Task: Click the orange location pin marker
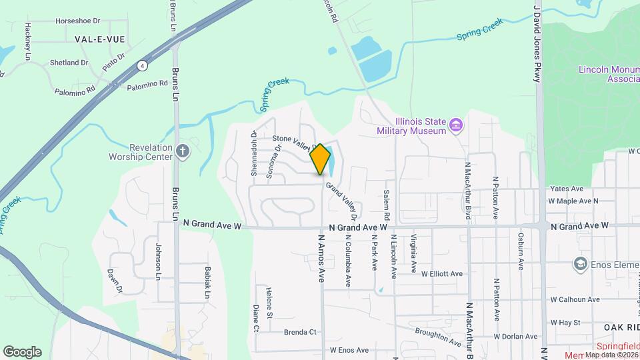[321, 159]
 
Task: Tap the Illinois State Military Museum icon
[456, 125]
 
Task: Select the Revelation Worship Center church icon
[184, 151]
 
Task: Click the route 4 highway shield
[142, 65]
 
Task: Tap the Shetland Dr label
[69, 63]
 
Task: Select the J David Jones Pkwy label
[536, 44]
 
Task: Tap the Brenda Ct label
[300, 332]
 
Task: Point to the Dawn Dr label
[114, 281]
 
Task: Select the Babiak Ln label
[207, 281]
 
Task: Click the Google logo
[22, 352]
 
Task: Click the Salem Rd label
[386, 205]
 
